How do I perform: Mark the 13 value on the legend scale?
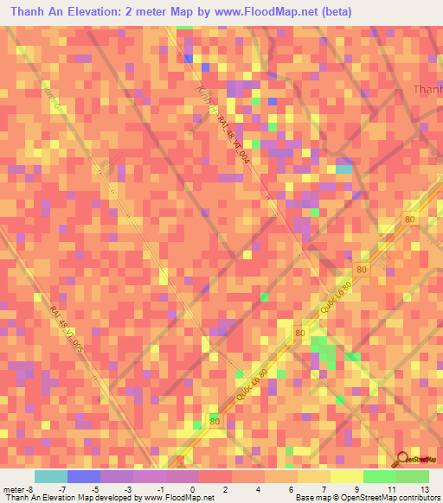point(425,489)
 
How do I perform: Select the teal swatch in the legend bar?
point(51,476)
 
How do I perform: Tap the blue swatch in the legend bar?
point(84,476)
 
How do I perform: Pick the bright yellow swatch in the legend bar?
point(347,476)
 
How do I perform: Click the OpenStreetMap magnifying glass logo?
point(401,460)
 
